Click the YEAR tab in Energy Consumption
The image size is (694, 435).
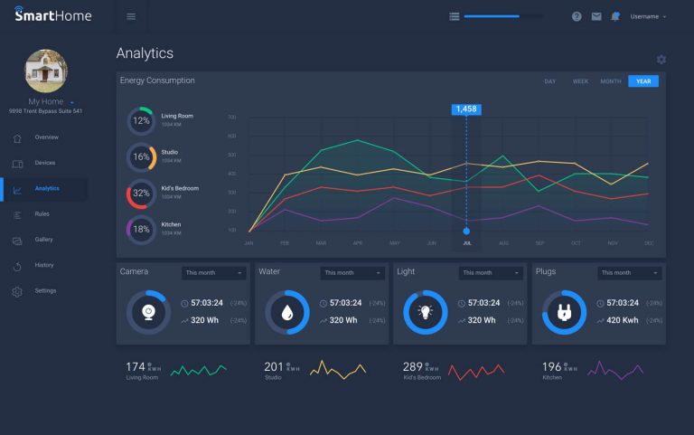(x=643, y=81)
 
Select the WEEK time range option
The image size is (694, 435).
(x=580, y=81)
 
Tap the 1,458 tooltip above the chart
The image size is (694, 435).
(x=466, y=109)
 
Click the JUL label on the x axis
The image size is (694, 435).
(x=466, y=243)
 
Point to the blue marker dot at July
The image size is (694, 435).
(x=466, y=231)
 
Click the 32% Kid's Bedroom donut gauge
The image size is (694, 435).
(x=141, y=194)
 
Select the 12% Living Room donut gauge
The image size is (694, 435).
(x=141, y=120)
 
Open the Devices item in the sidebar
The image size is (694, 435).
(x=45, y=163)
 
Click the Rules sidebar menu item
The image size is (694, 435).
(x=42, y=214)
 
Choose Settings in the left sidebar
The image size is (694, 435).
(x=45, y=291)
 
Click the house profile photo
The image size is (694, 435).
(x=45, y=71)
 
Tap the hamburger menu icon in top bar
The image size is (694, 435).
(x=131, y=16)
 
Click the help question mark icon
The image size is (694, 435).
(x=577, y=16)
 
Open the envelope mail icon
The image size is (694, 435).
(x=596, y=16)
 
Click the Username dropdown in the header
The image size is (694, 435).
(x=648, y=16)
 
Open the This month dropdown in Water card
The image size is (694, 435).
(x=352, y=273)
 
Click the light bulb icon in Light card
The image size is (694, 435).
(x=425, y=312)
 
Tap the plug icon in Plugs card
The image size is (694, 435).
(x=564, y=312)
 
